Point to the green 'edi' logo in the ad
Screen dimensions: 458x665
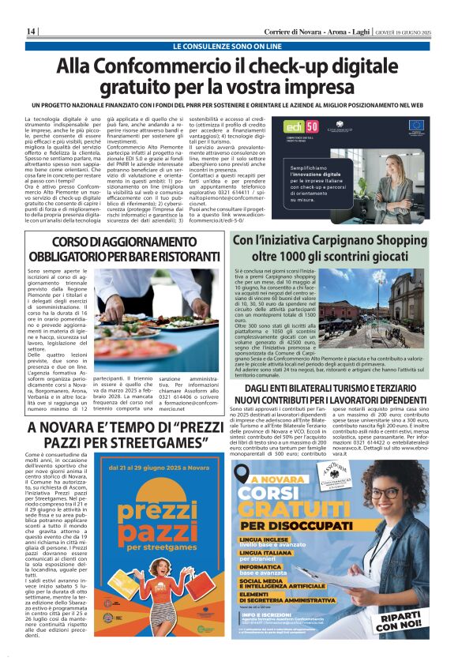click(294, 127)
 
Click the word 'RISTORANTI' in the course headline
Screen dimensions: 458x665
click(184, 257)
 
